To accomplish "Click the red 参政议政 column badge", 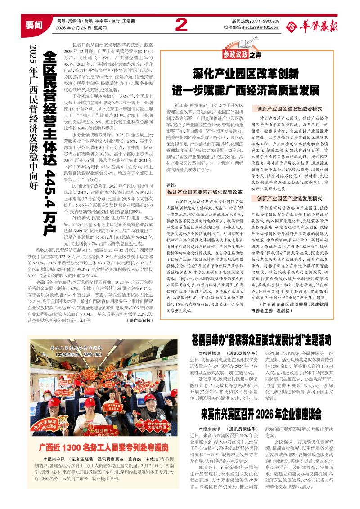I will (236, 55).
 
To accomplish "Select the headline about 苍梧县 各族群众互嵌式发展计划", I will (261, 336).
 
